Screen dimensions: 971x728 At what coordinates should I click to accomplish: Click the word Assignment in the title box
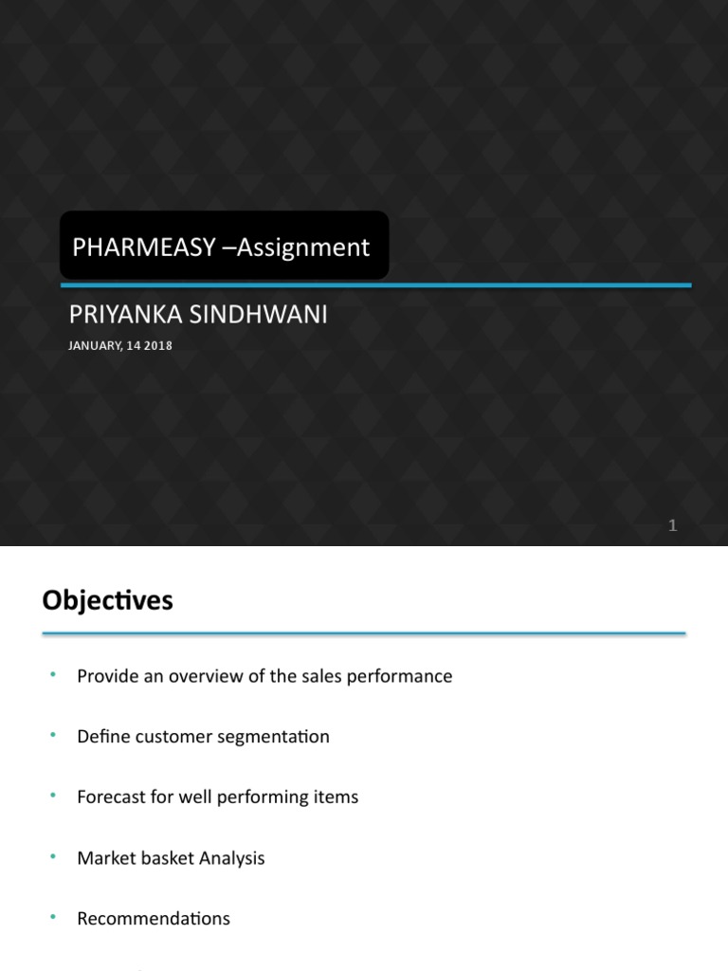pyautogui.click(x=302, y=247)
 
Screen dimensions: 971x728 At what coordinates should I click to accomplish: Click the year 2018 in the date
pyautogui.click(x=159, y=346)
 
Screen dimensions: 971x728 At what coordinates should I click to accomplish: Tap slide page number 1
pyautogui.click(x=673, y=525)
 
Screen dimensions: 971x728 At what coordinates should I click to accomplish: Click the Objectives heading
pyautogui.click(x=107, y=600)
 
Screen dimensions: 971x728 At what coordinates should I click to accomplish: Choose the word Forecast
pyautogui.click(x=111, y=797)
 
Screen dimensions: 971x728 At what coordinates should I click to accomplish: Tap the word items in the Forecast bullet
pyautogui.click(x=336, y=797)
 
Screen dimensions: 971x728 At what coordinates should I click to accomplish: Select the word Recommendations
pyautogui.click(x=154, y=919)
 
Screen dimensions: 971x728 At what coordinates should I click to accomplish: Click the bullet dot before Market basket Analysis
pyautogui.click(x=53, y=856)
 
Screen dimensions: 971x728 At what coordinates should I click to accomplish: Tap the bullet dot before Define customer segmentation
pyautogui.click(x=53, y=735)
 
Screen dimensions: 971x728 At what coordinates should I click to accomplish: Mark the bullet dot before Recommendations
pyautogui.click(x=53, y=917)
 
